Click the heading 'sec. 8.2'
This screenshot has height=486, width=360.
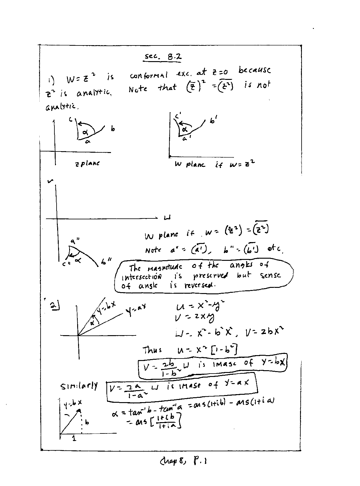click(x=163, y=57)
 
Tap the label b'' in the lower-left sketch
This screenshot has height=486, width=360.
click(x=106, y=262)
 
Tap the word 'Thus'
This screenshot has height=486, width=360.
click(x=152, y=350)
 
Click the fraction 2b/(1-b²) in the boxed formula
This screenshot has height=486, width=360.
click(x=168, y=368)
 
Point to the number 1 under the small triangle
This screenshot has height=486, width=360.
click(x=74, y=438)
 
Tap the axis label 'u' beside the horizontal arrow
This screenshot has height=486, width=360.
click(x=167, y=218)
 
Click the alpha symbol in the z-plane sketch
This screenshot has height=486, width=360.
click(x=85, y=132)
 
